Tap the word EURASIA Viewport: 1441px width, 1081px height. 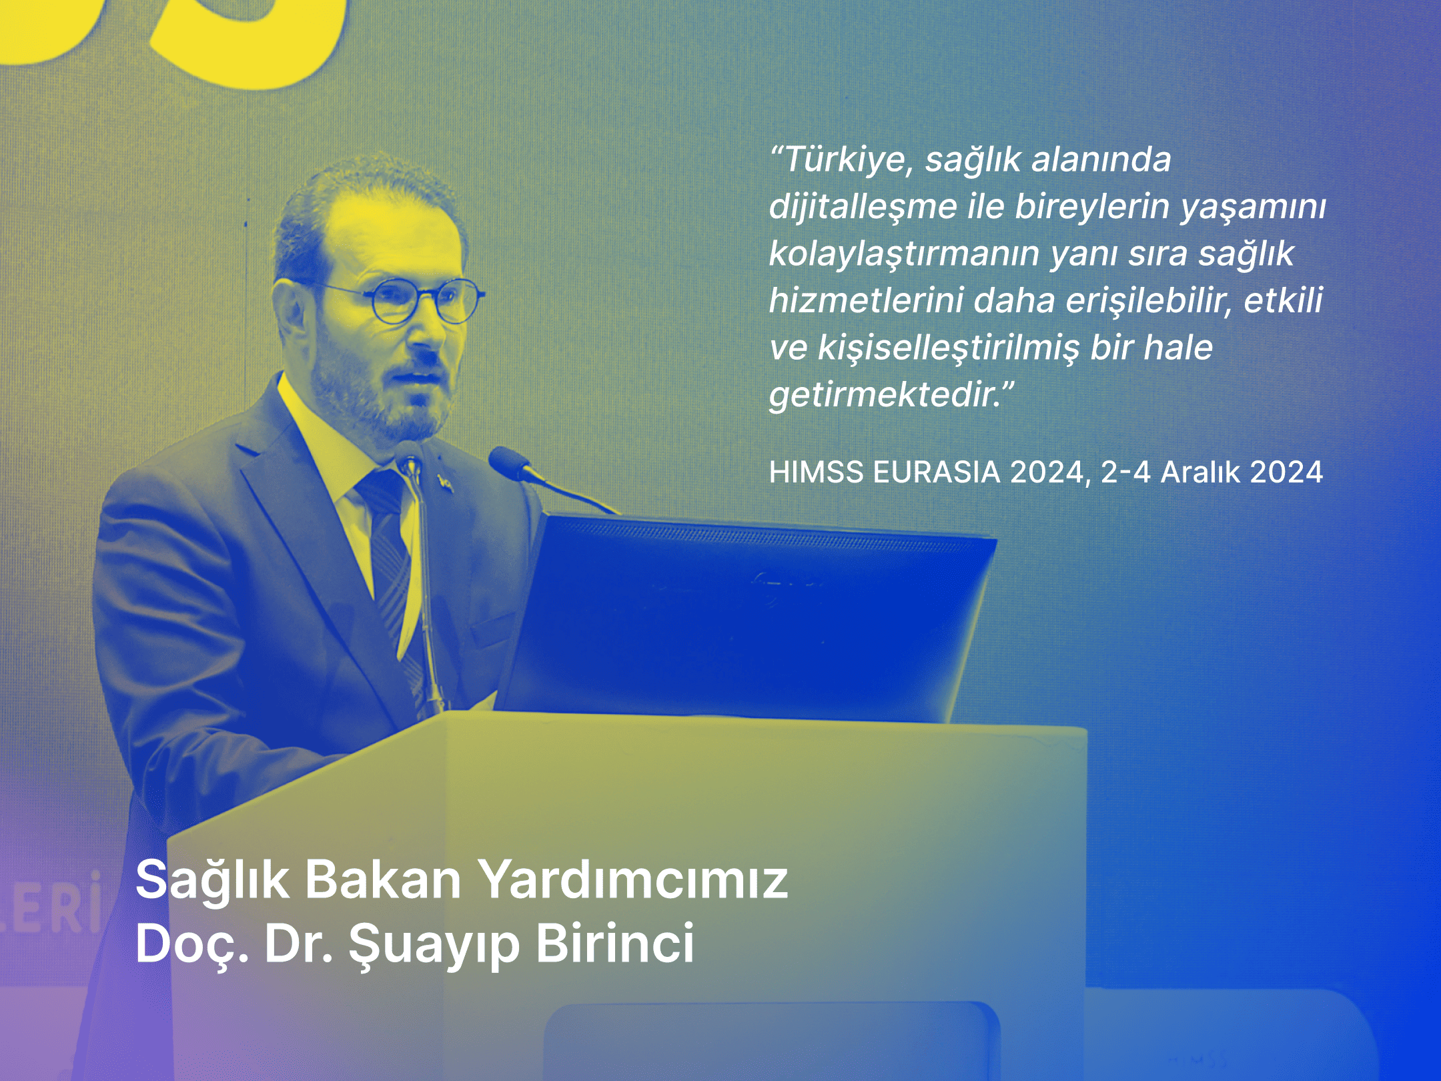pyautogui.click(x=937, y=472)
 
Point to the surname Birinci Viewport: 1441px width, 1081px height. pyautogui.click(x=614, y=944)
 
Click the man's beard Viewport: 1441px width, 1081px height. pyautogui.click(x=374, y=400)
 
